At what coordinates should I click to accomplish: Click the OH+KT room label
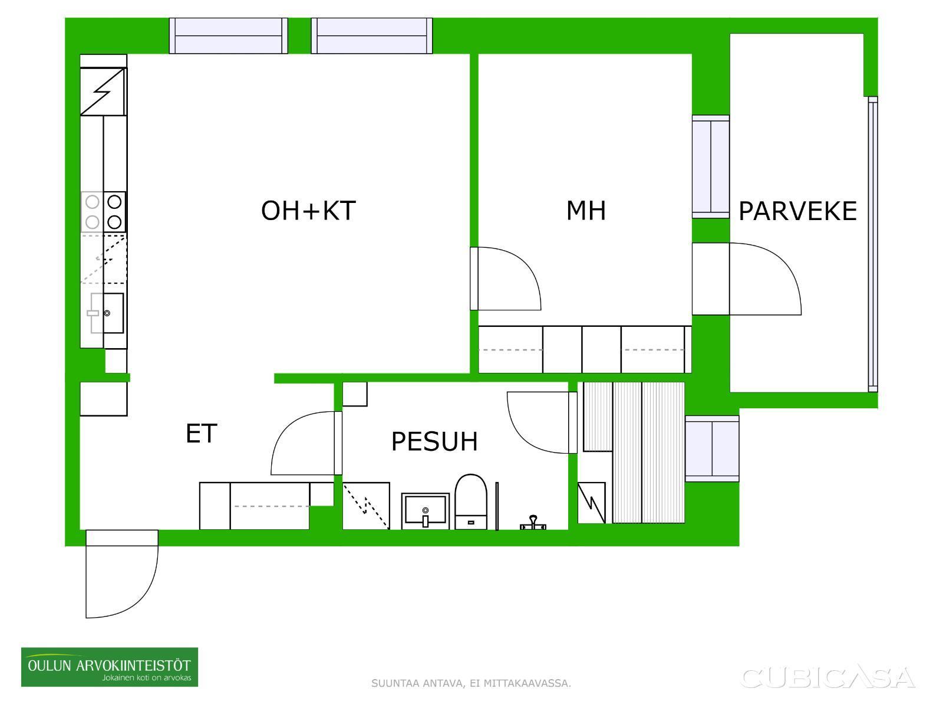pos(308,211)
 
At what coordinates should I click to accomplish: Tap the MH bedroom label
pos(586,211)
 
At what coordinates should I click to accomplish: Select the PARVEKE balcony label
pos(798,211)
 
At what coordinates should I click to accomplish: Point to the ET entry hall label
pos(201,433)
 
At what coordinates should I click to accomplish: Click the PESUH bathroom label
pos(434,441)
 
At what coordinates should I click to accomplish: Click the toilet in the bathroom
pos(471,501)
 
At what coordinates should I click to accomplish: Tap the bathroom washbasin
pos(426,511)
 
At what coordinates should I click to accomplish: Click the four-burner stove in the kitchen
pos(104,212)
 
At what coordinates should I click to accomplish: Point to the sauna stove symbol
pos(592,503)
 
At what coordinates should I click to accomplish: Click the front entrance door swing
pos(122,574)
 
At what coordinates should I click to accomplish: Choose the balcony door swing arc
pos(765,278)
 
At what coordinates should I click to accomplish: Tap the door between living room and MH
pos(506,278)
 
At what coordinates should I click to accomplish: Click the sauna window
pos(712,449)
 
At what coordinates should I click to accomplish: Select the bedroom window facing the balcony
pos(711,167)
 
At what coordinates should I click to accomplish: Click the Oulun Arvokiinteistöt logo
pos(110,667)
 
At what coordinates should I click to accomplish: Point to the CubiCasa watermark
pos(827,677)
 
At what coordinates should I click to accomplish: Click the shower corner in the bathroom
pos(366,506)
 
